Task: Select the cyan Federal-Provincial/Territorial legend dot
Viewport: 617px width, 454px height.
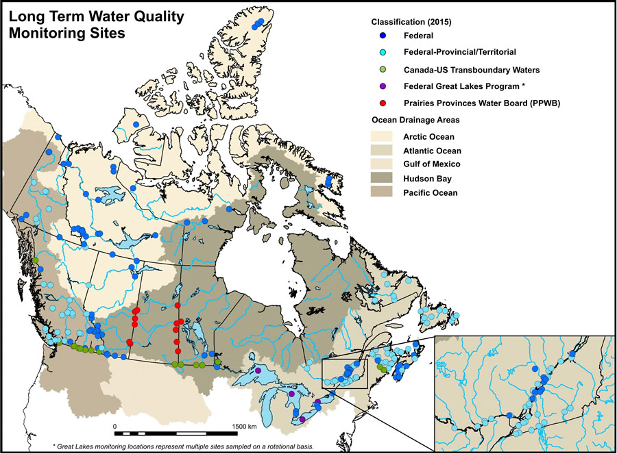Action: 382,52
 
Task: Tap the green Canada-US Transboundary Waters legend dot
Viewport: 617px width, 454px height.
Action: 382,69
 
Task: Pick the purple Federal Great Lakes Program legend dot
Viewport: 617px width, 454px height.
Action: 382,86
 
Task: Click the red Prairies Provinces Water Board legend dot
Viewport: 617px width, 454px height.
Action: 382,103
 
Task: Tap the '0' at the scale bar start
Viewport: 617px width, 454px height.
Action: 114,426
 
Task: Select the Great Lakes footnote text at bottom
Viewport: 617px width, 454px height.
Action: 184,446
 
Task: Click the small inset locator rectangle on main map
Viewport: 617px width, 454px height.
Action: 350,373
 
